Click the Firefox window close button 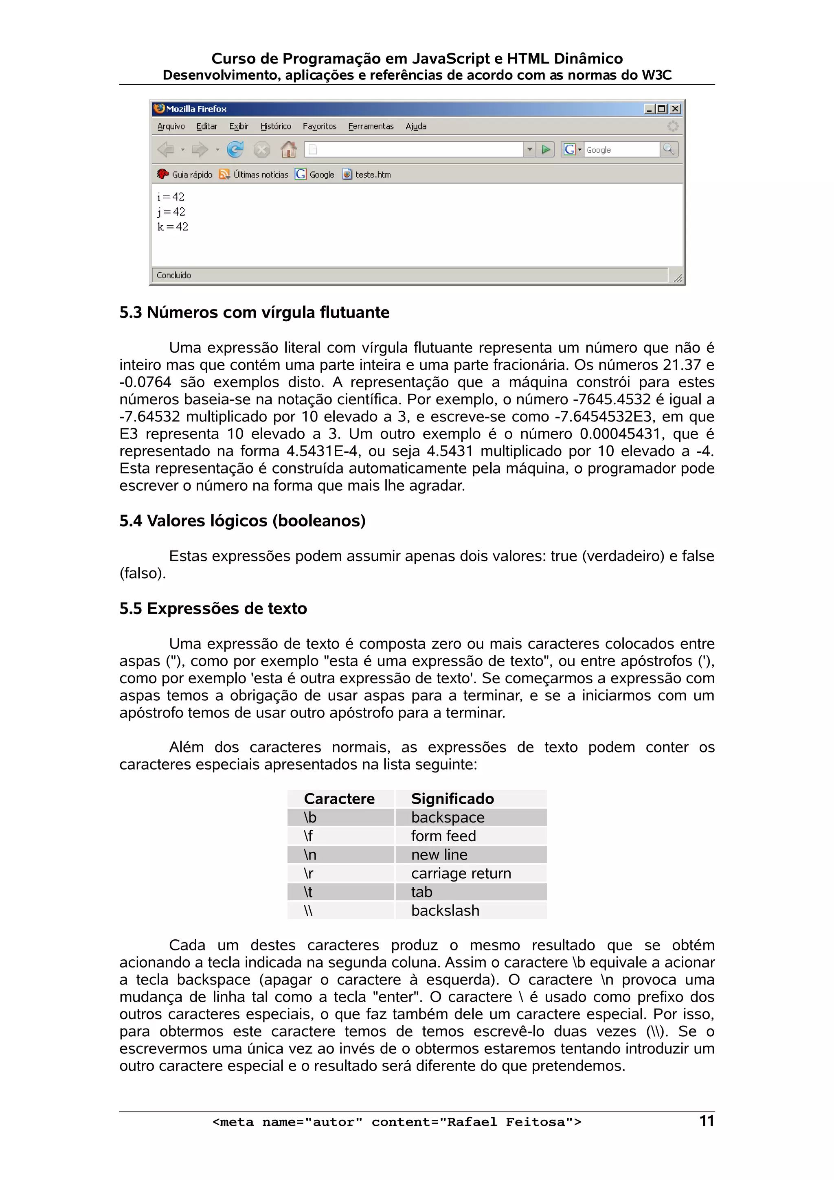[x=675, y=109]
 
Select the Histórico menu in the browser [x=275, y=126]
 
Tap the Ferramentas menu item [x=371, y=126]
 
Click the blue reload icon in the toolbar [x=235, y=149]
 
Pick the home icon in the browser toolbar [x=288, y=149]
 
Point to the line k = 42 [x=173, y=227]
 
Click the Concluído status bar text [x=174, y=276]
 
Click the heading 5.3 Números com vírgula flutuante [x=255, y=312]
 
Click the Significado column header [x=452, y=798]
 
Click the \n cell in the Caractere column [x=310, y=855]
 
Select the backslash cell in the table [x=445, y=911]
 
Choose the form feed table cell [x=443, y=836]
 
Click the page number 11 [x=707, y=1121]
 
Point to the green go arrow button [x=546, y=149]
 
